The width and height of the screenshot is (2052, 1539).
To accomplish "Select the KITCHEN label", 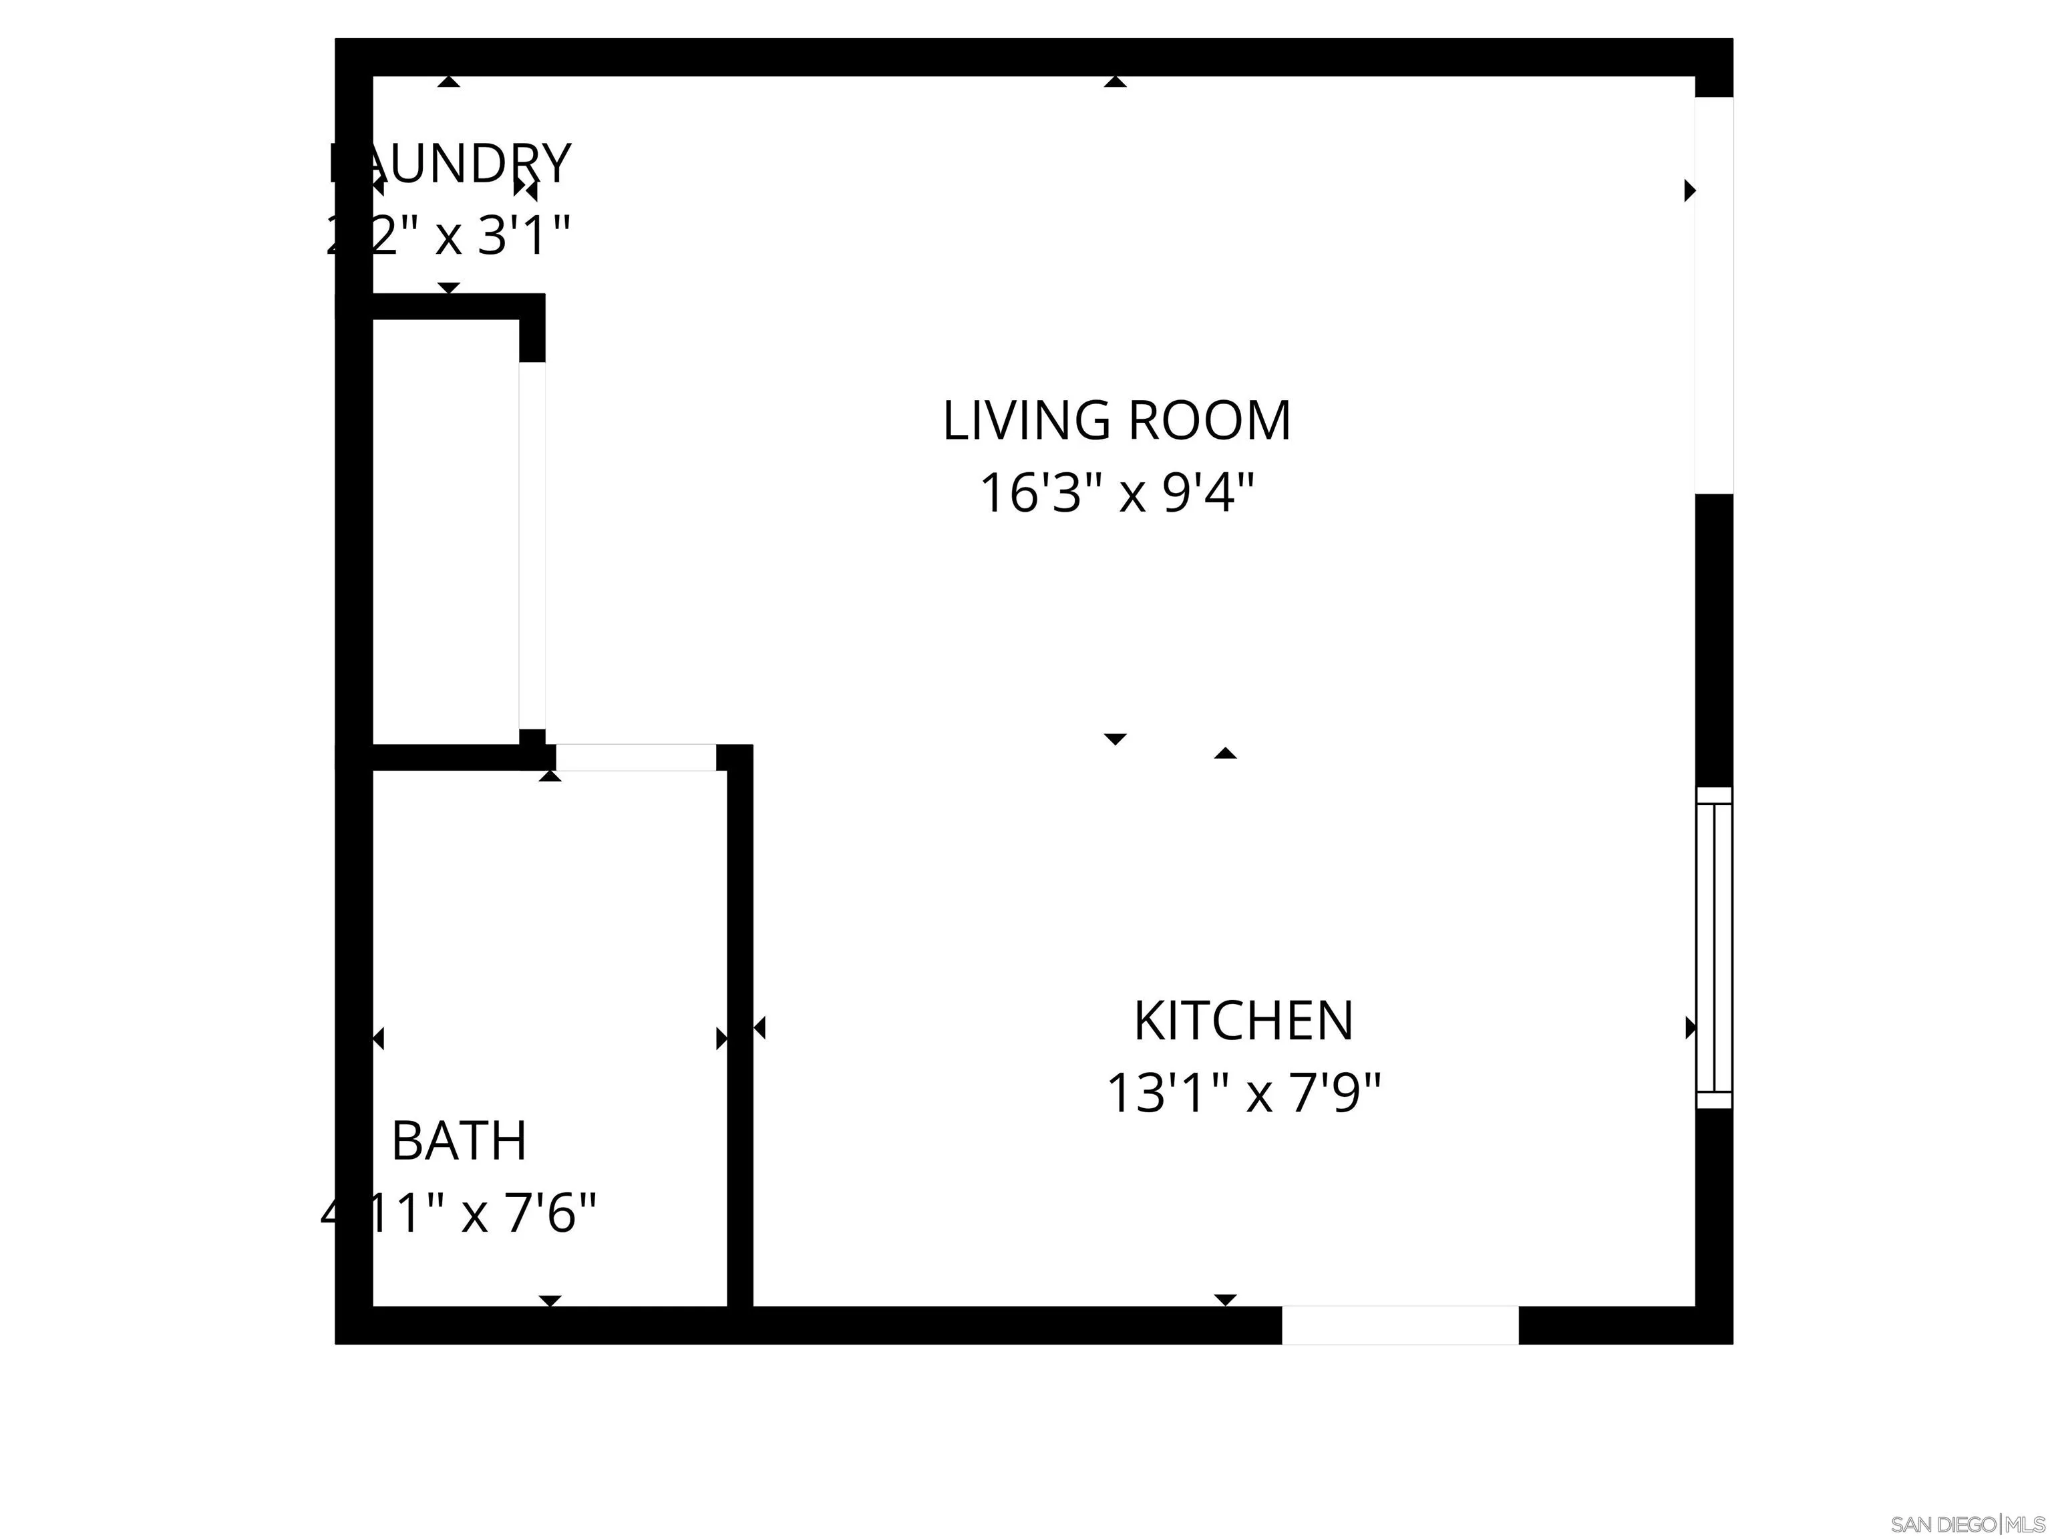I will click(x=1243, y=1021).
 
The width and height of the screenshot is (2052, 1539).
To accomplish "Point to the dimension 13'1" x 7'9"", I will click(x=1243, y=1093).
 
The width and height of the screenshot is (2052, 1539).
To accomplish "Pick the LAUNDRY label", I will click(x=450, y=164).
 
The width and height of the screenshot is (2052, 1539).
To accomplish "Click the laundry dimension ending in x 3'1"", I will click(x=448, y=236).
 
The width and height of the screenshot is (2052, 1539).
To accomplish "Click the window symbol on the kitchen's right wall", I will click(x=1713, y=948).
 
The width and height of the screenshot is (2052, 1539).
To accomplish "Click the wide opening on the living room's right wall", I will click(x=1713, y=295).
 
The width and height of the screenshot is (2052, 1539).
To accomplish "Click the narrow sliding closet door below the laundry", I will click(x=532, y=546).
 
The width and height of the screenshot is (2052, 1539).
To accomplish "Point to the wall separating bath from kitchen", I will click(x=739, y=1030).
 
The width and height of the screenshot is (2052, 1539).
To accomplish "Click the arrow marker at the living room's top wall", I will click(x=1115, y=83).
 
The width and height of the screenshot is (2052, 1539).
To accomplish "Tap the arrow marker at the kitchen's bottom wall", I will click(x=1226, y=1300).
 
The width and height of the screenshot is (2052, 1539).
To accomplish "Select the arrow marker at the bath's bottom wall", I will click(x=550, y=1301).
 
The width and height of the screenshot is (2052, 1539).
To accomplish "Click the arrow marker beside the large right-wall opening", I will click(x=1689, y=190).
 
